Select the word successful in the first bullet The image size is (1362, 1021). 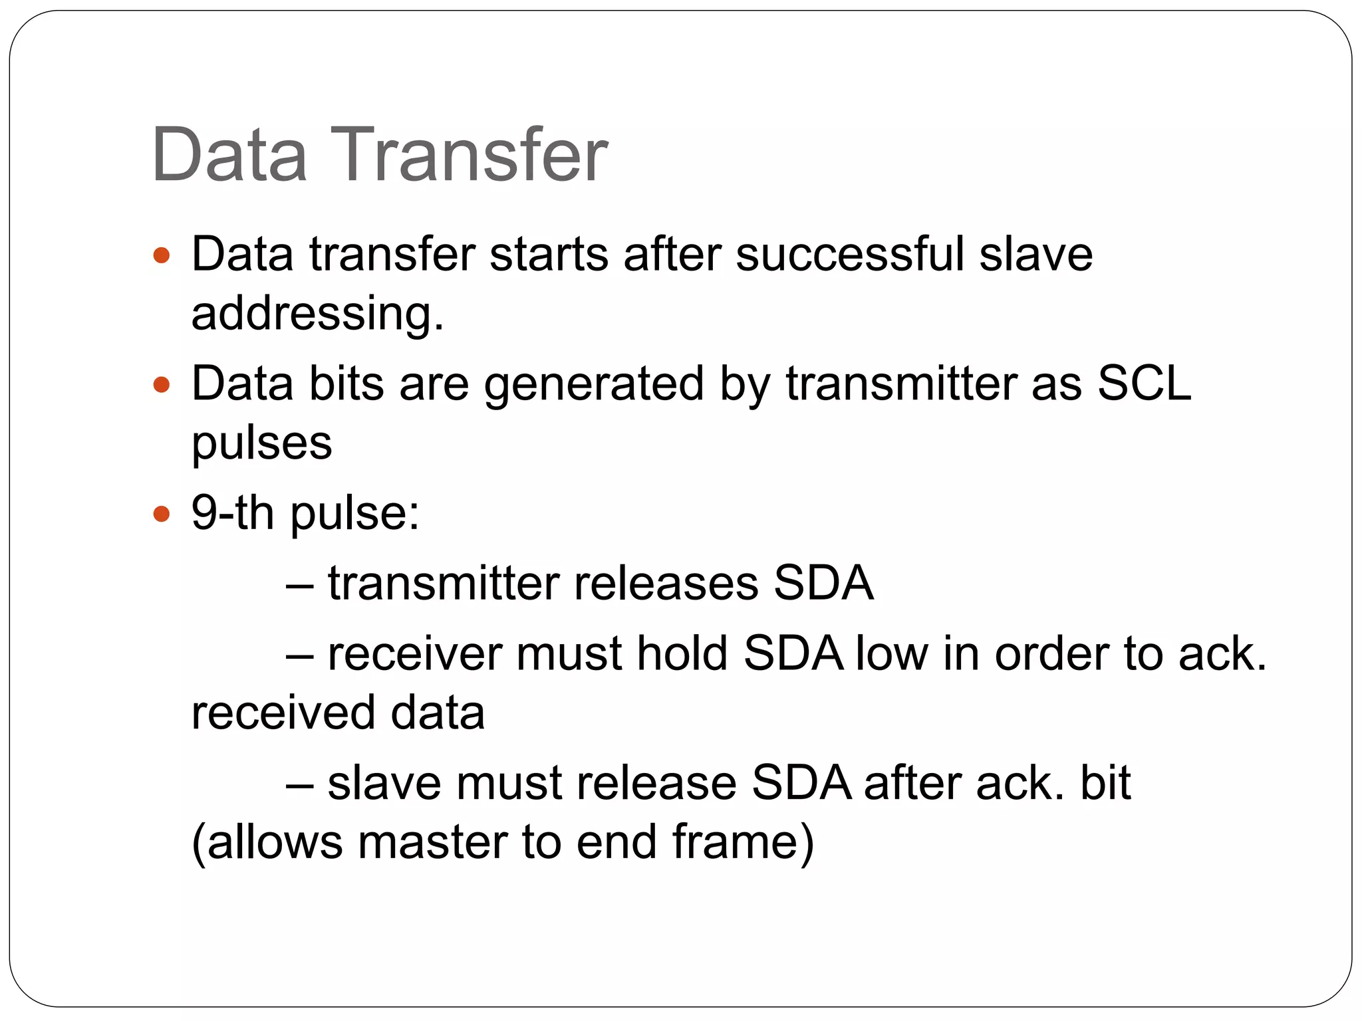[849, 254]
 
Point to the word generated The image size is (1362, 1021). [593, 384]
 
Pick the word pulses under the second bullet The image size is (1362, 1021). [261, 443]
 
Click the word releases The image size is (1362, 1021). [666, 584]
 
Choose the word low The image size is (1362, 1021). [891, 653]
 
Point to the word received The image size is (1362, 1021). [283, 713]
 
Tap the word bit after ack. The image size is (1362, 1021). [1105, 783]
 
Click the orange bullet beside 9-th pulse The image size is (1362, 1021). [162, 514]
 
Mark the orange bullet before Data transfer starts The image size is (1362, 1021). [162, 255]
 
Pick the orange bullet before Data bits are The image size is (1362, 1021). [162, 384]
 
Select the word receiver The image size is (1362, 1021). [415, 653]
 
